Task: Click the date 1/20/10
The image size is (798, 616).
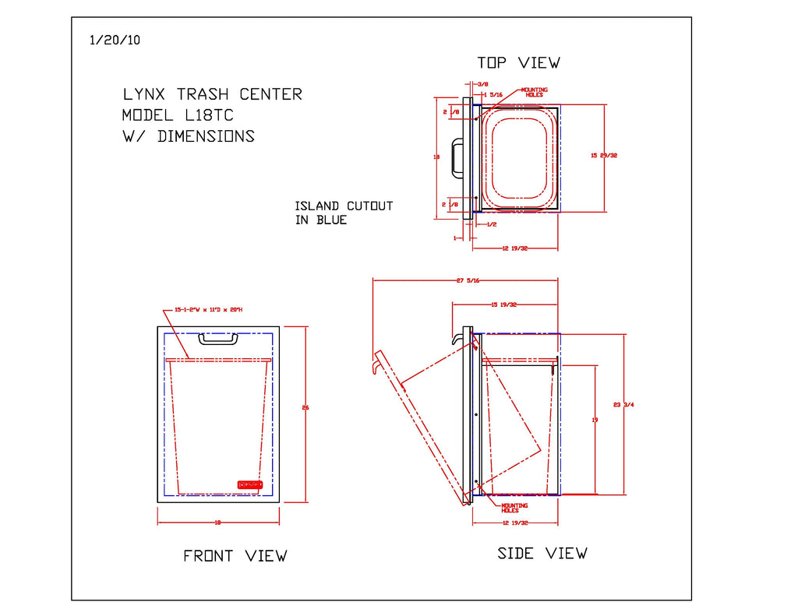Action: coord(115,40)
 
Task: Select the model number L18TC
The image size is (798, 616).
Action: coord(208,115)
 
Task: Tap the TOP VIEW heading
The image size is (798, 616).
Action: coord(518,62)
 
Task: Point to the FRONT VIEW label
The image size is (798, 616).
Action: coord(235,556)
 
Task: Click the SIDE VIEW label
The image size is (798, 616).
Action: coord(542,554)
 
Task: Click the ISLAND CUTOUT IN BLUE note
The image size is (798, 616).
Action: coord(343,213)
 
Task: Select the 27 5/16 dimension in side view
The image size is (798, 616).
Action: coord(468,280)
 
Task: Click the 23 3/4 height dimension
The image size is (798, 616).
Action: coord(623,404)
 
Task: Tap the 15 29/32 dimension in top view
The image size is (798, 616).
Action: coord(604,156)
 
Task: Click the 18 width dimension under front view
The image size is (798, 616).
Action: coord(217,523)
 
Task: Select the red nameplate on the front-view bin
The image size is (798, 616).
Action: coord(249,484)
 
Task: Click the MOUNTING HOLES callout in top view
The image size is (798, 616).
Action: coord(534,92)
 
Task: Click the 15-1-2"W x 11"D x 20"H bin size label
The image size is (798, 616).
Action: coord(208,309)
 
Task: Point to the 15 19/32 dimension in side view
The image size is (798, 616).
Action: coord(504,304)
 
